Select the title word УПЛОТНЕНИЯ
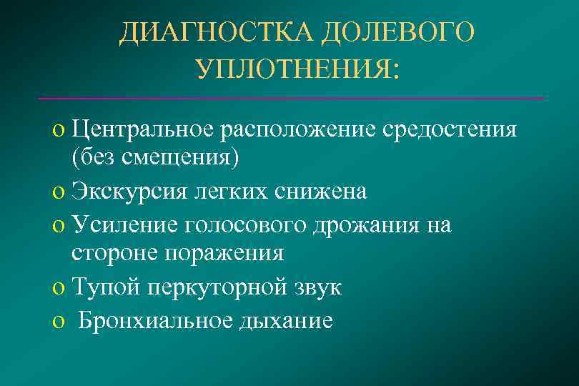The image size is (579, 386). [x=296, y=69]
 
